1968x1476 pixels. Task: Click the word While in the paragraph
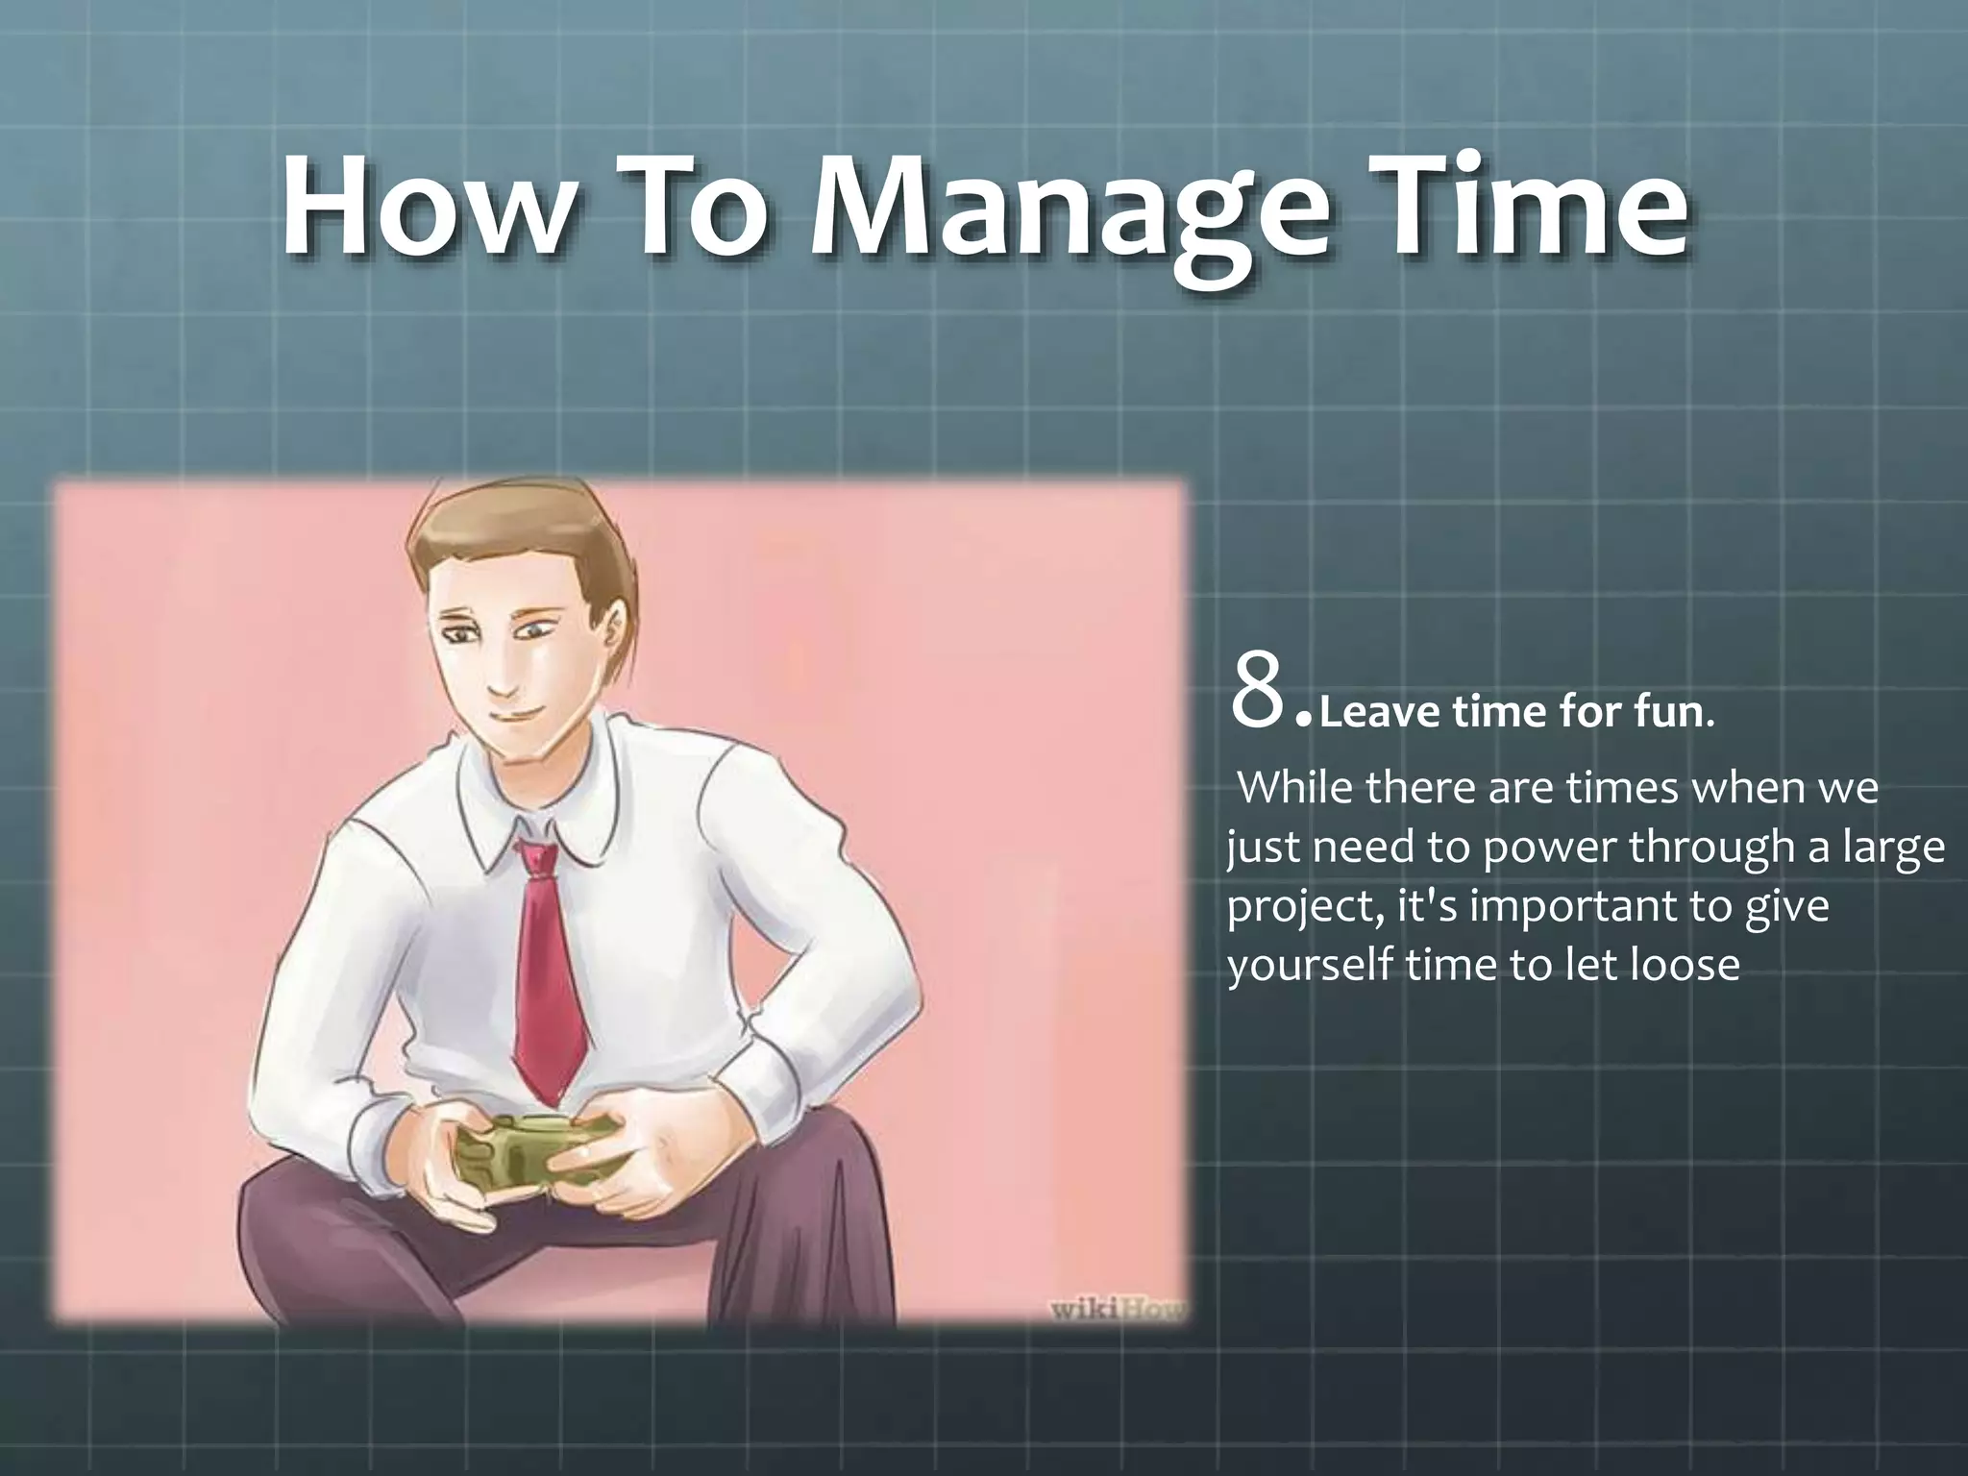pos(1294,790)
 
